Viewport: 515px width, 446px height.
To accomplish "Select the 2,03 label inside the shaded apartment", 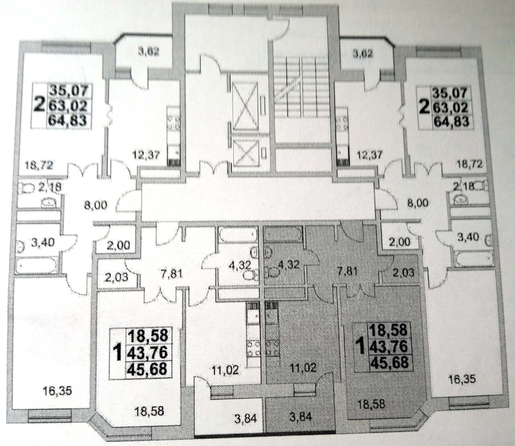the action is click(402, 273).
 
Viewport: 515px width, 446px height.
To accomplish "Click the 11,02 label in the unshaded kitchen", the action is click(225, 371).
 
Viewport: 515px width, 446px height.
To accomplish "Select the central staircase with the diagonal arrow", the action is click(302, 100).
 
